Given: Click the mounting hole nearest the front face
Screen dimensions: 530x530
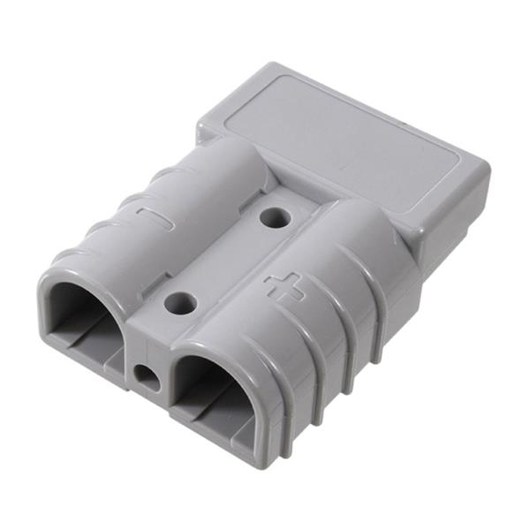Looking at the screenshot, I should pos(181,304).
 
